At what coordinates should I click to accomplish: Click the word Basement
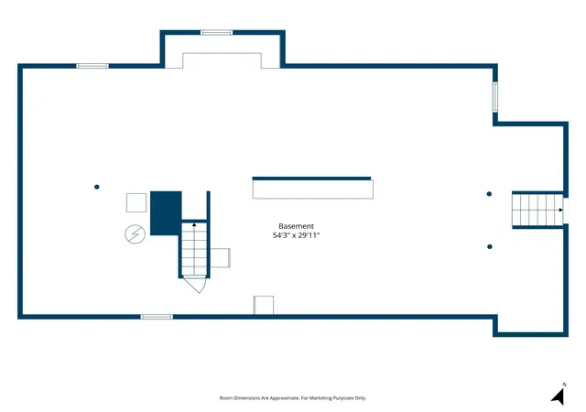tap(296, 226)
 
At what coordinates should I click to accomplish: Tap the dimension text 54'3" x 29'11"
tap(297, 235)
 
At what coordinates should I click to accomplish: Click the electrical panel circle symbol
tap(135, 234)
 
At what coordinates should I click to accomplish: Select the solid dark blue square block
tap(166, 213)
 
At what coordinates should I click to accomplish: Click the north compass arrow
tap(559, 396)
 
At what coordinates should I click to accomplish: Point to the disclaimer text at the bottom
tap(293, 398)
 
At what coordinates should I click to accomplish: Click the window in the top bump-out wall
tap(216, 33)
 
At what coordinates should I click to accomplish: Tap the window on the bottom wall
tap(157, 317)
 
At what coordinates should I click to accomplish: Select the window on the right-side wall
tap(495, 97)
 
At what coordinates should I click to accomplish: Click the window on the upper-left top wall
tap(92, 66)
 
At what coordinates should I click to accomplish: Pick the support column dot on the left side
tap(97, 187)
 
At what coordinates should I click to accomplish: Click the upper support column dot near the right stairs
tap(489, 194)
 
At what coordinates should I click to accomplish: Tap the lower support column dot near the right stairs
tap(490, 247)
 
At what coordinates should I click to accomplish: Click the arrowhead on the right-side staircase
tap(560, 210)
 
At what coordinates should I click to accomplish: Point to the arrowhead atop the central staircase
tap(194, 224)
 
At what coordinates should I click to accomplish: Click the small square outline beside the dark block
tap(136, 202)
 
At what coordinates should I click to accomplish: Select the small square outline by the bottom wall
tap(264, 305)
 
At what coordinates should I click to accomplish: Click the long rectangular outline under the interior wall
tap(313, 190)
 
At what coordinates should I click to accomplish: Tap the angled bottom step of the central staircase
tap(195, 284)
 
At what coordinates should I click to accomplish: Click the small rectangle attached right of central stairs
tap(220, 258)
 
